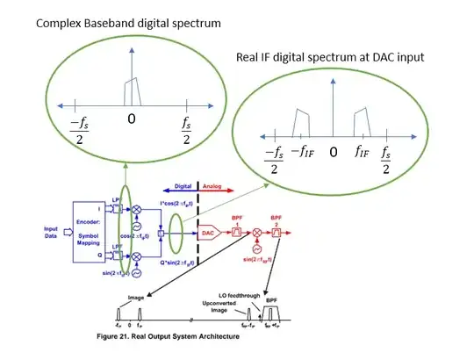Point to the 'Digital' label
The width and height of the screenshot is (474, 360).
183,187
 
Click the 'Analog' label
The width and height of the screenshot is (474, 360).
212,187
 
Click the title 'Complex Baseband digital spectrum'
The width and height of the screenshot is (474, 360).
128,22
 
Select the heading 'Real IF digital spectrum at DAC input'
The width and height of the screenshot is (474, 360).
330,57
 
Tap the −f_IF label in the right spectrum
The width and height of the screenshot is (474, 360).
302,152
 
